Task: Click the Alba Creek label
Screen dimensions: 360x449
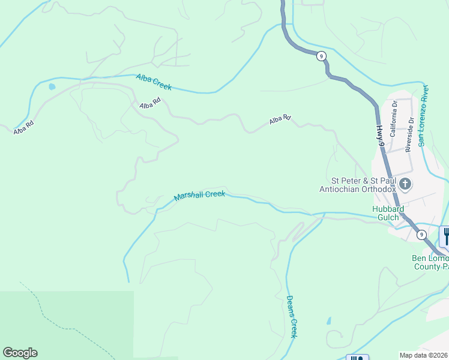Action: (154, 82)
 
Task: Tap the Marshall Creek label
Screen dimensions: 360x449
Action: (199, 196)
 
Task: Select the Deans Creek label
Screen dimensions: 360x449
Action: (291, 316)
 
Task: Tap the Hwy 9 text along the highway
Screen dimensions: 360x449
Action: (380, 136)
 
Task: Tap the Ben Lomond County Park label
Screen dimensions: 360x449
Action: (429, 263)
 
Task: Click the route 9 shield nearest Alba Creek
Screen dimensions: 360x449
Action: (322, 56)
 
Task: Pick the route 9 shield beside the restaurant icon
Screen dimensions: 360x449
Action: (421, 234)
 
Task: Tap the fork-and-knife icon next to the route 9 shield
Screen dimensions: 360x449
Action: (445, 235)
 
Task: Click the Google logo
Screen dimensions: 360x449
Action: (20, 353)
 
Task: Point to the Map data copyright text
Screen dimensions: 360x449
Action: (424, 355)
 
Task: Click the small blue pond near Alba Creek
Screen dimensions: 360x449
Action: (52, 86)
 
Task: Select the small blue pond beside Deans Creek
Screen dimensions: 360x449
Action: (328, 320)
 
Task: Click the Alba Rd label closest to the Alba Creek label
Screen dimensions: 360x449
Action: (149, 103)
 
